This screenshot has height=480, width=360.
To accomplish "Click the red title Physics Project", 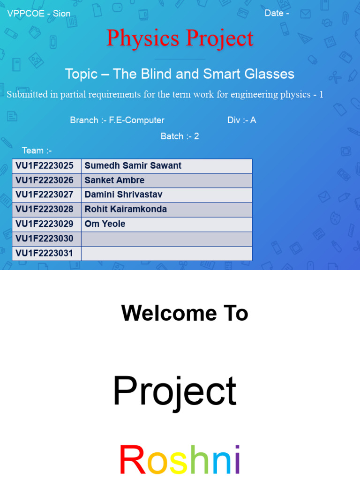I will (180, 38).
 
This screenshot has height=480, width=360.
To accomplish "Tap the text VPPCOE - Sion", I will (39, 14).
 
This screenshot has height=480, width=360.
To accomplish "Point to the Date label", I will (277, 13).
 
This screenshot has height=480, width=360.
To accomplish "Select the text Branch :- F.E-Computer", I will (117, 120).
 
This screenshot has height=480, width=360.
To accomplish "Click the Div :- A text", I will (241, 120).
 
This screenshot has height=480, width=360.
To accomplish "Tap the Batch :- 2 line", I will (180, 136).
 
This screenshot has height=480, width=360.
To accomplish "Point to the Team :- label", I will (37, 150).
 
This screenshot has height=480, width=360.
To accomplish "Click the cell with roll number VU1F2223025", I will (45, 165).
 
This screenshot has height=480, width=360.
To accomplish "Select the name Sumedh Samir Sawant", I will (133, 165).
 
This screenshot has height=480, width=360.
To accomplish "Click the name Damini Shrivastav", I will (123, 195).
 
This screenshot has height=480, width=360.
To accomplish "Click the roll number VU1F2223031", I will (45, 253).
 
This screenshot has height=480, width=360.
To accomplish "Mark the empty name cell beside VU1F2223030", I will (166, 239).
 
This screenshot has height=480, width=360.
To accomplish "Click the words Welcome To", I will (184, 313).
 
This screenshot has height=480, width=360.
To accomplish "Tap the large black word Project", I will (174, 391).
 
